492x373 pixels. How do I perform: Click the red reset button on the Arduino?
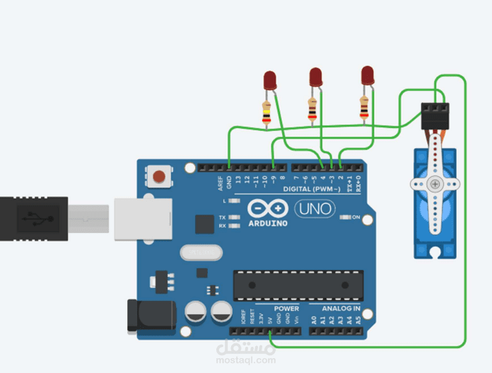[160, 175]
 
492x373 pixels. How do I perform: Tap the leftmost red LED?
[269, 80]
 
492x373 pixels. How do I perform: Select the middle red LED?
[315, 77]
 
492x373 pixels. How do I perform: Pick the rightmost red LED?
[367, 76]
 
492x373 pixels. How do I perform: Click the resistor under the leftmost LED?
[266, 112]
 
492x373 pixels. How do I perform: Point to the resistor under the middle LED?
[312, 109]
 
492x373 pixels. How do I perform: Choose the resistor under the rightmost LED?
[364, 108]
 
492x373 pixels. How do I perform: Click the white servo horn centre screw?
[435, 184]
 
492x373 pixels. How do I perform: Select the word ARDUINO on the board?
[268, 223]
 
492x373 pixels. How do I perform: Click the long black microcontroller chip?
[292, 283]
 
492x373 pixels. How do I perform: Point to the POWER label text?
[286, 309]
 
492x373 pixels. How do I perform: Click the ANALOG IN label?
[341, 309]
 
